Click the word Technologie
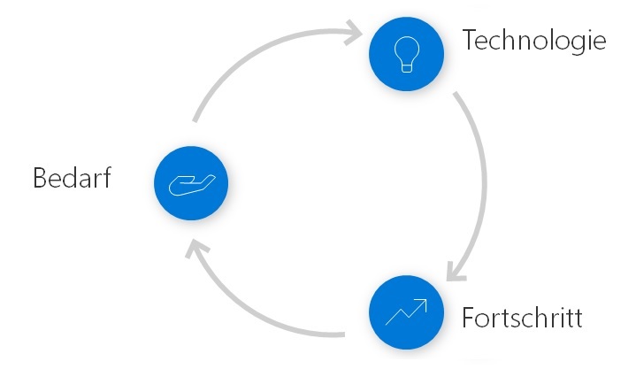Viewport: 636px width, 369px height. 534,42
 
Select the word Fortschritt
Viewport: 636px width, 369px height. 522,317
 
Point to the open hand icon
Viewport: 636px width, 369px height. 191,183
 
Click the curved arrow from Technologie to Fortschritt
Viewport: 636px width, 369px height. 482,177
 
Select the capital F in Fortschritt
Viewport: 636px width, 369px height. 468,316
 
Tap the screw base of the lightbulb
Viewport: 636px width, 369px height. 406,67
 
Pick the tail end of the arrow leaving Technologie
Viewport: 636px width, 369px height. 456,94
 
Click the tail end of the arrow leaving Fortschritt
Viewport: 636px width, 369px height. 342,334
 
